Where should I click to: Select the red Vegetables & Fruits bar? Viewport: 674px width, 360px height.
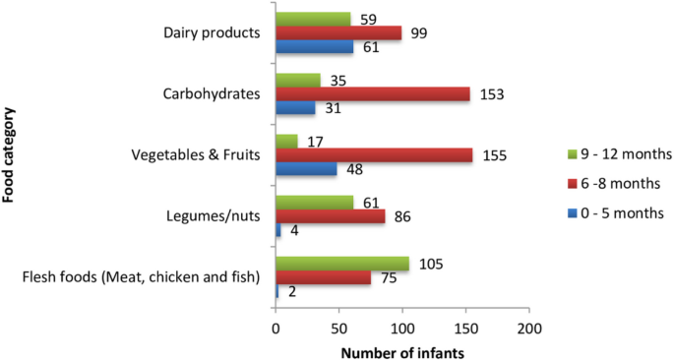[374, 155]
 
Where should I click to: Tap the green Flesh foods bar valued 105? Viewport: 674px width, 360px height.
[341, 263]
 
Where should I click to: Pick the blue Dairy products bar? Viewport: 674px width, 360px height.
[314, 47]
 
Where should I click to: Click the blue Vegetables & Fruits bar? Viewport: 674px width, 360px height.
[306, 169]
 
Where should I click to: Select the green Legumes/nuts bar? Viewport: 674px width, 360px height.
[314, 202]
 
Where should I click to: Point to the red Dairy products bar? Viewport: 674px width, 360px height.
[338, 32]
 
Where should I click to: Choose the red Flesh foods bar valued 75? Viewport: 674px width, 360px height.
[323, 277]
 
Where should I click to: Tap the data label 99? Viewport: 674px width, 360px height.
[417, 32]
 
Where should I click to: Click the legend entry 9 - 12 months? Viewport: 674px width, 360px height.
[621, 153]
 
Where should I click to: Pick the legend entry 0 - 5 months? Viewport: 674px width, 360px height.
[617, 212]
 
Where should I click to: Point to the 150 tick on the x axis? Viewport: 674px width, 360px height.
[466, 326]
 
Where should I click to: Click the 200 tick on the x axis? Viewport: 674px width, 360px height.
[529, 326]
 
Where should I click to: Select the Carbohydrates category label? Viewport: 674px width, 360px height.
[212, 94]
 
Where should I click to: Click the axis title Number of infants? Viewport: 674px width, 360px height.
[402, 349]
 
